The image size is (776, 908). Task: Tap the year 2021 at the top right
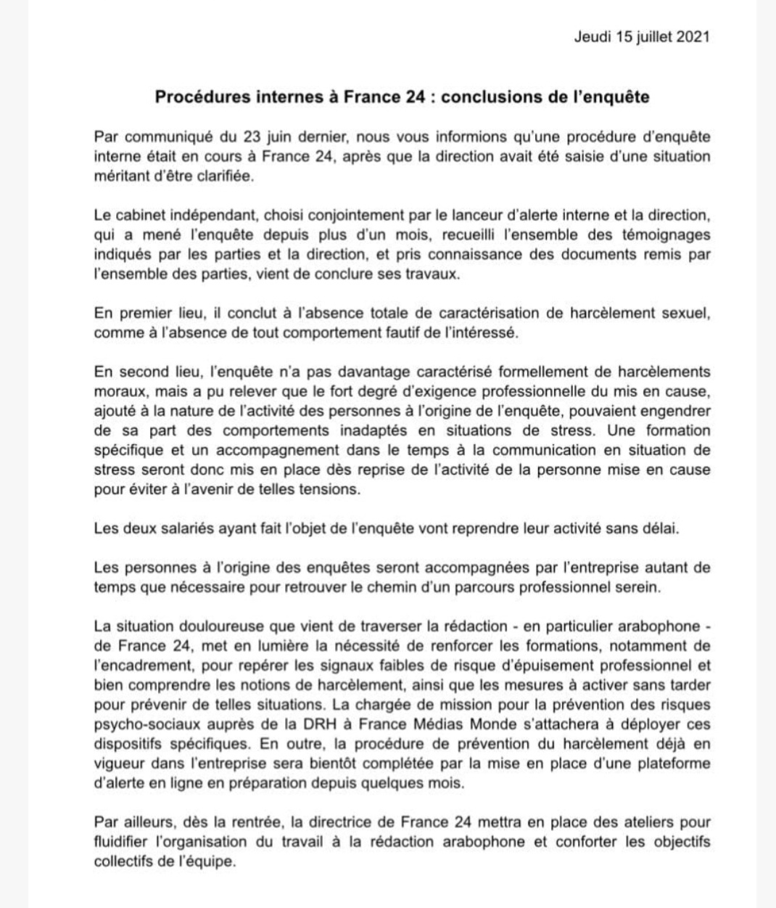tap(693, 37)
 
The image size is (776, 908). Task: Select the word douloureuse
tap(207, 626)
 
